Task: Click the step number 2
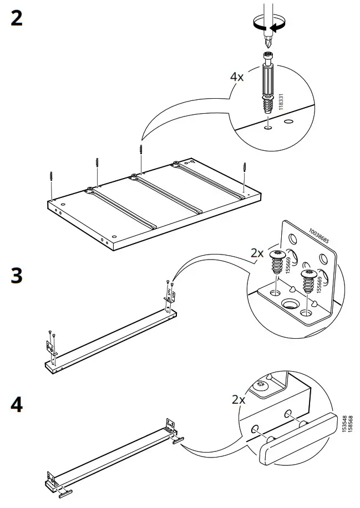click(x=17, y=18)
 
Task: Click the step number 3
click(x=17, y=276)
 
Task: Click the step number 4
click(x=17, y=405)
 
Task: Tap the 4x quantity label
click(x=237, y=77)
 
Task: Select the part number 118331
click(x=281, y=102)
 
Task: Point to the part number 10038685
click(x=319, y=236)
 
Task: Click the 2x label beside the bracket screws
click(x=257, y=253)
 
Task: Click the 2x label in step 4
click(x=239, y=399)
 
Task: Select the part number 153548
click(x=344, y=424)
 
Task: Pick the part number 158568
click(x=349, y=424)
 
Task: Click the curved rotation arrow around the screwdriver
click(x=269, y=25)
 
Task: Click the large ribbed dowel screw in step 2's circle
click(x=268, y=82)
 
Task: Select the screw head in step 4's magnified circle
click(x=261, y=385)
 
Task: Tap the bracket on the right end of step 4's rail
click(x=171, y=426)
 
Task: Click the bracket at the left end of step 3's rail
click(x=50, y=347)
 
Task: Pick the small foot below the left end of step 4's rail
click(x=65, y=492)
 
